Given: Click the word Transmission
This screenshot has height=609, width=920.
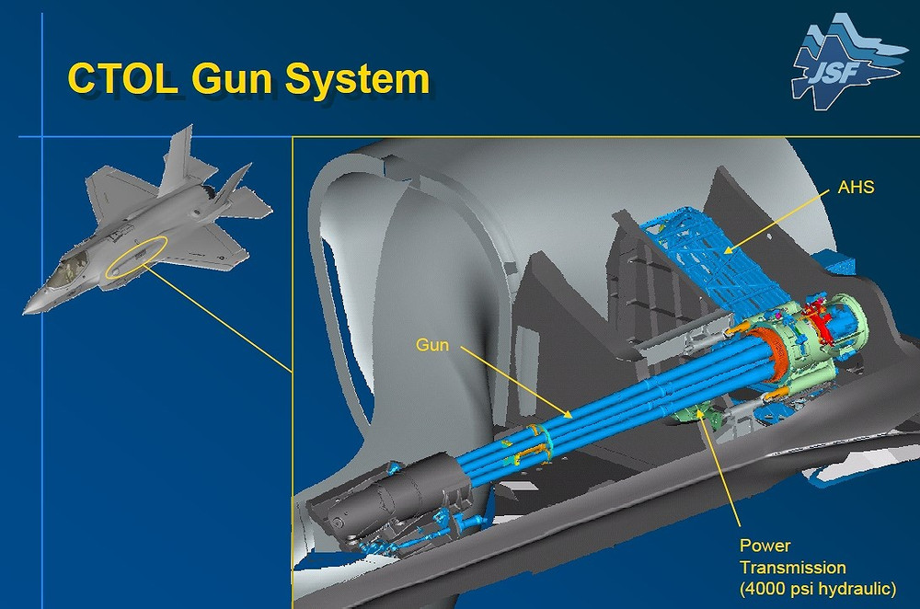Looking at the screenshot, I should pos(792,568).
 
